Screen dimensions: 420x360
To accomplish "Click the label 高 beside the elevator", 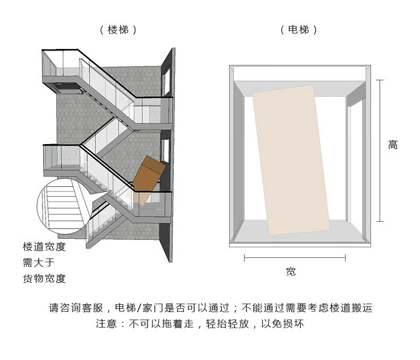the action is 392,145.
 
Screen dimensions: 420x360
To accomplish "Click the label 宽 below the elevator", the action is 291,272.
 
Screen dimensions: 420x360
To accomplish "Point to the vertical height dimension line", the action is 380,150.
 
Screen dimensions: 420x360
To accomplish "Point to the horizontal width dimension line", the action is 295,258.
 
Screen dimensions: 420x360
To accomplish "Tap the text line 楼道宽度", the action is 44,247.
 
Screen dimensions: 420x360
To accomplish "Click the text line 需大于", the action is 38,263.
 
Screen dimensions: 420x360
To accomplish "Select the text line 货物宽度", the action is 44,279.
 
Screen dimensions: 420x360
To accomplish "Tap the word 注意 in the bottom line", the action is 106,324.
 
